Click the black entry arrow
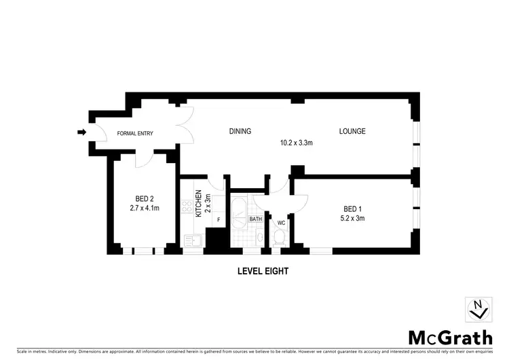(x=82, y=132)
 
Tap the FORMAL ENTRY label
(x=136, y=133)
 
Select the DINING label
(x=240, y=131)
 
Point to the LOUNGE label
(x=353, y=131)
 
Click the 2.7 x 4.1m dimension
(x=143, y=209)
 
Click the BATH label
(x=255, y=219)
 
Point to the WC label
(x=281, y=222)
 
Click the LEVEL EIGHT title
(x=263, y=270)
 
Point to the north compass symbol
(x=478, y=309)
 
